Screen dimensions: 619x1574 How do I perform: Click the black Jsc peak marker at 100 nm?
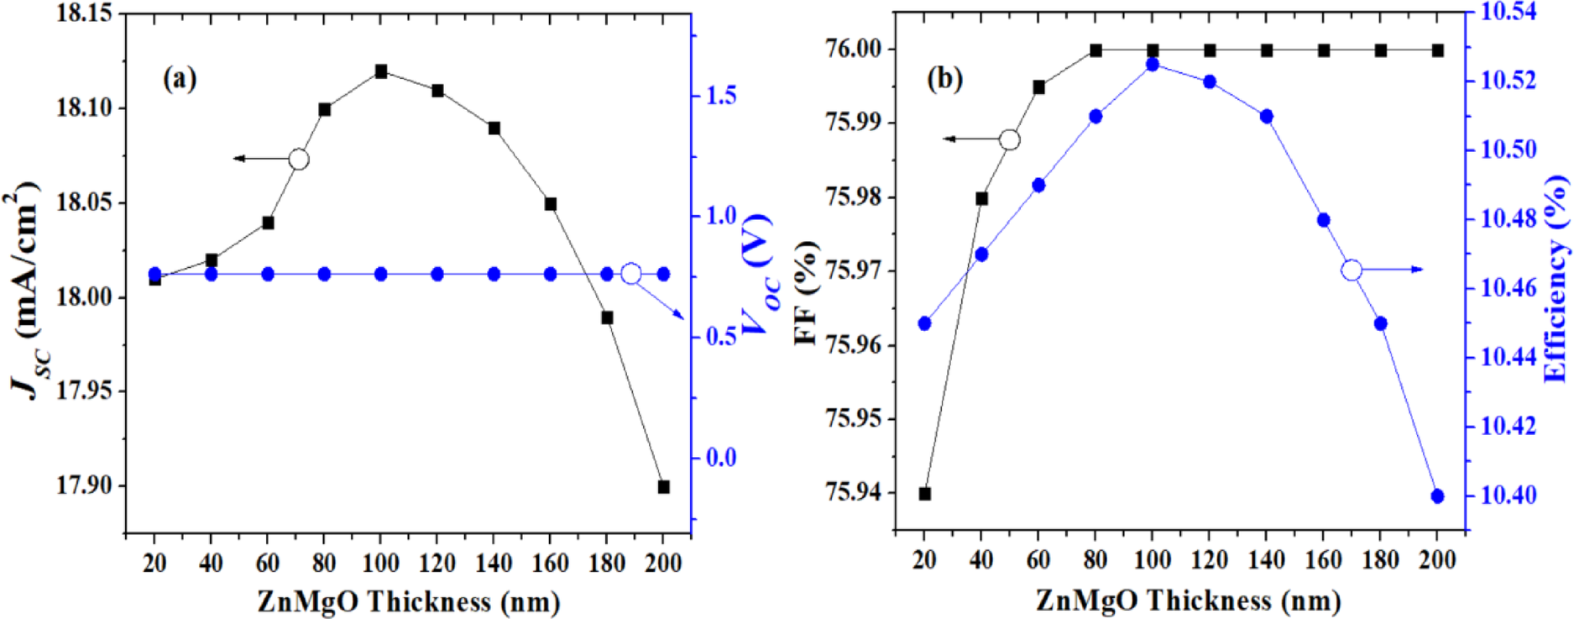(x=381, y=71)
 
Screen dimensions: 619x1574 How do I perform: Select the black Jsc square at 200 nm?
(x=663, y=486)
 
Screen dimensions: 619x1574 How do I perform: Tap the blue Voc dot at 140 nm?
(x=494, y=274)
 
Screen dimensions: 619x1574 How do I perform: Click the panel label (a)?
(x=180, y=79)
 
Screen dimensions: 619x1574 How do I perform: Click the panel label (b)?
(x=944, y=79)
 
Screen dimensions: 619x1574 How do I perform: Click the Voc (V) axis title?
(x=756, y=273)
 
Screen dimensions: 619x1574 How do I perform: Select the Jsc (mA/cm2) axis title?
(x=25, y=290)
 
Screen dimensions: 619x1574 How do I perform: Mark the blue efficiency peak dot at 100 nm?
(x=1153, y=65)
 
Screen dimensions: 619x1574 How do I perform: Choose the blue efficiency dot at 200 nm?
(x=1437, y=496)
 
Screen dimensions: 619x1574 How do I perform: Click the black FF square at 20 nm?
(x=924, y=494)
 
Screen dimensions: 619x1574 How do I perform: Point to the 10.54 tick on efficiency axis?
(x=1509, y=13)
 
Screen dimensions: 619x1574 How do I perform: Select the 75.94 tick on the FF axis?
(x=855, y=492)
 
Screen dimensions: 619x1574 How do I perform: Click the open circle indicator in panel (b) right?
(x=1352, y=270)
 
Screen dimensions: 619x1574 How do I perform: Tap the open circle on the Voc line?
(x=631, y=274)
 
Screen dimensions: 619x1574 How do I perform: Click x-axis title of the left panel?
(x=408, y=601)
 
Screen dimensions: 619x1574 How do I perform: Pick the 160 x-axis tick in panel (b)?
(x=1324, y=560)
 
